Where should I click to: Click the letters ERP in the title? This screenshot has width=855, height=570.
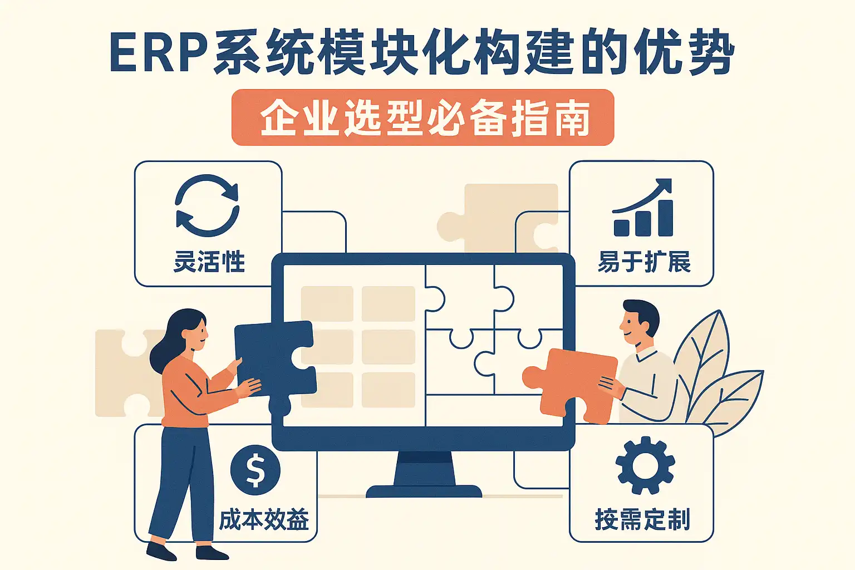(158, 54)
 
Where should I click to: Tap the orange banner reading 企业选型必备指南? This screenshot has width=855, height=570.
(422, 117)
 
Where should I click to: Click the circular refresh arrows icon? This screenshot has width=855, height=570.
(207, 205)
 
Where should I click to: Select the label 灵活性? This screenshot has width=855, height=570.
(209, 262)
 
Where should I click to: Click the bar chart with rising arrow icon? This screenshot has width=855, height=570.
(643, 209)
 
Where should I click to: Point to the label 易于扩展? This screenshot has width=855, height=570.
(643, 262)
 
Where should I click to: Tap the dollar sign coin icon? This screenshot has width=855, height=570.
(255, 470)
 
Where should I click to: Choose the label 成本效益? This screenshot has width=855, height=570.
(264, 520)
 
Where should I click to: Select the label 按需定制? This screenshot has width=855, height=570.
(642, 519)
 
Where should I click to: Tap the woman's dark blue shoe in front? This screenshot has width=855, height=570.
(161, 551)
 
